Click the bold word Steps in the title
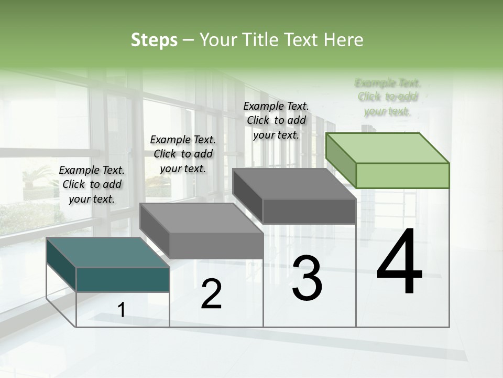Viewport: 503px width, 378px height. click(x=154, y=40)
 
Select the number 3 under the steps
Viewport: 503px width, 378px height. click(x=307, y=278)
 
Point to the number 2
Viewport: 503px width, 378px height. click(x=211, y=294)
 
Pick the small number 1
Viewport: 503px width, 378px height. click(x=122, y=310)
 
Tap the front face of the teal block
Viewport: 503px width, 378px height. click(x=123, y=279)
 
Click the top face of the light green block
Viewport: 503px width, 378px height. click(x=387, y=148)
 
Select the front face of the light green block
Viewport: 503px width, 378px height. click(x=402, y=175)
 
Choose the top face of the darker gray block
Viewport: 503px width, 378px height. click(x=293, y=184)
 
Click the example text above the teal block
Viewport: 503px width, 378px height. click(x=92, y=184)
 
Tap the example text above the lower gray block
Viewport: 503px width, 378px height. click(x=183, y=154)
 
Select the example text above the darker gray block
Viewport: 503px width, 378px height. click(x=276, y=120)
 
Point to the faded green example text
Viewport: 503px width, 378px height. click(x=388, y=97)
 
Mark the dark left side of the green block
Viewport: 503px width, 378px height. click(x=341, y=159)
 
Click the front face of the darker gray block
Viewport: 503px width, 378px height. click(x=309, y=211)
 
